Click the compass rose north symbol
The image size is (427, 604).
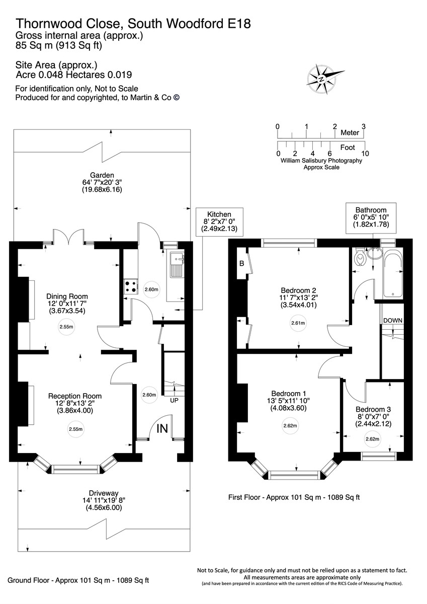[321, 79]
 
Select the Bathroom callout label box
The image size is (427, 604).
[371, 218]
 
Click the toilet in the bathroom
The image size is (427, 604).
[360, 258]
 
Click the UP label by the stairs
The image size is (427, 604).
[174, 401]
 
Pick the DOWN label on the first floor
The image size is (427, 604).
[393, 321]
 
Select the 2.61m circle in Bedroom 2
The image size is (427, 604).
[298, 324]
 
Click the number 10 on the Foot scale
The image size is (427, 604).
[365, 153]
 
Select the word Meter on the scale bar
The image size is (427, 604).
[350, 133]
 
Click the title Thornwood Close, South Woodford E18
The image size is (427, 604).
[133, 23]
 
